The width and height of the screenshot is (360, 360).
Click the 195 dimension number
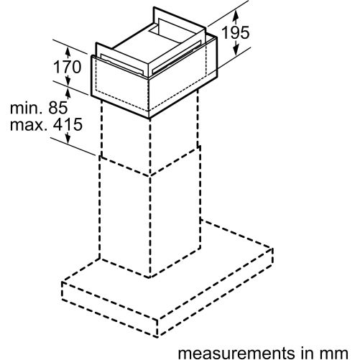(236, 33)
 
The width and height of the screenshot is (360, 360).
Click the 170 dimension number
(68, 67)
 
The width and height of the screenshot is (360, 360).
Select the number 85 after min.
(58, 108)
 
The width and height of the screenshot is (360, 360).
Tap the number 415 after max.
(68, 124)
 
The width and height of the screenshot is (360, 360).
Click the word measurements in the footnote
(236, 354)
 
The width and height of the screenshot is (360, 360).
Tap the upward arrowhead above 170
(68, 52)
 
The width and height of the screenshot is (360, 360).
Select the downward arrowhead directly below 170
(68, 80)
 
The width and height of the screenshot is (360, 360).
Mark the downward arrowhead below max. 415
(68, 138)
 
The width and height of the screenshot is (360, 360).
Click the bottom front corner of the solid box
(149, 118)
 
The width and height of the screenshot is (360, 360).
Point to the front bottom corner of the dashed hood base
(157, 336)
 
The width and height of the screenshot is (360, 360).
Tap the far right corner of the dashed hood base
(272, 249)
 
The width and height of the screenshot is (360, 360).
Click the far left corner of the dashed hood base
(63, 282)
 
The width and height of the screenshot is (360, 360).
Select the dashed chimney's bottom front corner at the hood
(150, 278)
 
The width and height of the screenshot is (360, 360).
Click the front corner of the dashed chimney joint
(150, 176)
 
